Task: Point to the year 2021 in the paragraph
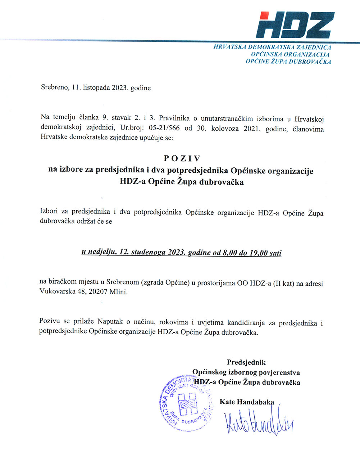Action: click(251, 128)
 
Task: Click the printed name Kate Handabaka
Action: click(247, 402)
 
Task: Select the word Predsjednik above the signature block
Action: click(246, 362)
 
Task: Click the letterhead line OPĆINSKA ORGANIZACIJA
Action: click(290, 54)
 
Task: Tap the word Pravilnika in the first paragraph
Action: click(174, 118)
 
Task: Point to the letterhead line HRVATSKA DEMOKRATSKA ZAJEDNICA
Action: click(272, 47)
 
